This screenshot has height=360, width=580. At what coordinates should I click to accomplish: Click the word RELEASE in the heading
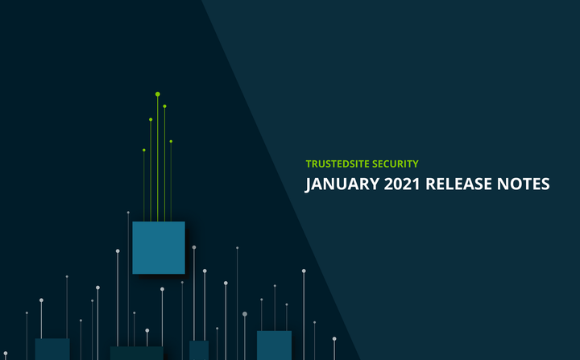pos(460,184)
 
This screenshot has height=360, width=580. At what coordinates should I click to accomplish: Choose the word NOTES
pos(524,184)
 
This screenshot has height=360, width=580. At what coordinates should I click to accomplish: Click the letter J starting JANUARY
pos(308,184)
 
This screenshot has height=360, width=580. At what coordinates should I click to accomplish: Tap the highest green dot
pos(158,94)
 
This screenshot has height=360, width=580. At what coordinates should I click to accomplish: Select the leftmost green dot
pos(144,150)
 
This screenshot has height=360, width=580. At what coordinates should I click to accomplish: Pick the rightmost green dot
pos(171,141)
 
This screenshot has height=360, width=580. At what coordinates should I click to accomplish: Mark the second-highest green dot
pos(164,106)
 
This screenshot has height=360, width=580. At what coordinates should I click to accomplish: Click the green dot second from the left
pos(151,119)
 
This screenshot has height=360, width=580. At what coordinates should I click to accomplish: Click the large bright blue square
pos(159,247)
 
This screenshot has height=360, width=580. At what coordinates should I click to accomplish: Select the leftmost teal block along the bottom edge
pos(52,349)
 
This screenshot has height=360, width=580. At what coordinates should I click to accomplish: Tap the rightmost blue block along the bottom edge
pos(274,345)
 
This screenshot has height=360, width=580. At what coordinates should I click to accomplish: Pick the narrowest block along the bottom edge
pos(199,350)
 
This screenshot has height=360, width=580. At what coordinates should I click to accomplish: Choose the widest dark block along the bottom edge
pos(136,353)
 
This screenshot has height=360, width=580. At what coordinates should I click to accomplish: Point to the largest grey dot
pos(245,314)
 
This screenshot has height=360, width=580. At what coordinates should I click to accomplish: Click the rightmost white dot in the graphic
pos(334,338)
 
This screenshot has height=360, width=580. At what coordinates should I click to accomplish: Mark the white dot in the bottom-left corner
pos(27,313)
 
